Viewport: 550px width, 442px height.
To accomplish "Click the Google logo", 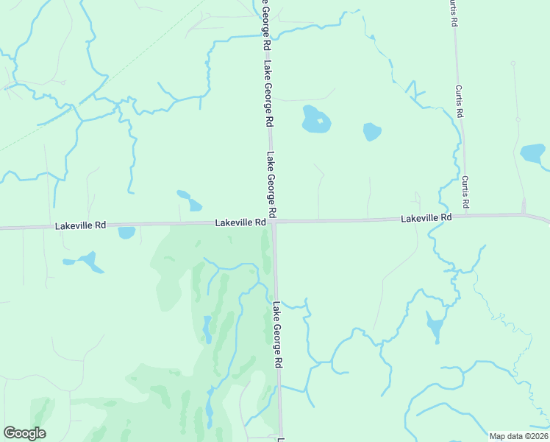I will tap(24, 433).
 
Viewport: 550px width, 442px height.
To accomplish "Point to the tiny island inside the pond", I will tap(320, 120).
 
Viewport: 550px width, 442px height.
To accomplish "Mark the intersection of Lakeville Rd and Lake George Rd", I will tap(274, 221).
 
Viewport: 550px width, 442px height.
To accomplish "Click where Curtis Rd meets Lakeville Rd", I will tap(524, 214).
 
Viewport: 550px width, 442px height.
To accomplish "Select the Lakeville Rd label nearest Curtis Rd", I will tap(426, 218).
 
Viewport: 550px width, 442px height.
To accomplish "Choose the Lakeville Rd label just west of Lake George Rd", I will tap(240, 222).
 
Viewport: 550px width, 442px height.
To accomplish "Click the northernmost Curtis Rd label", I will tap(454, 13).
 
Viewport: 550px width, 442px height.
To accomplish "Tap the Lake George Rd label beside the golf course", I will tap(278, 335).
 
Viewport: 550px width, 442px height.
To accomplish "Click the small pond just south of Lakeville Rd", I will tap(126, 233).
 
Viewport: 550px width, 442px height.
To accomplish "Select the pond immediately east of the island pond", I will tap(372, 132).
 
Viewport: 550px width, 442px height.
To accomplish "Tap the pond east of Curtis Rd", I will tap(533, 153).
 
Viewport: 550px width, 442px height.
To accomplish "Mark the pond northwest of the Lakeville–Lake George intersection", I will tap(189, 200).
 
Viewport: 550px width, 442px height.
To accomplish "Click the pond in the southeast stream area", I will tap(435, 326).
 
